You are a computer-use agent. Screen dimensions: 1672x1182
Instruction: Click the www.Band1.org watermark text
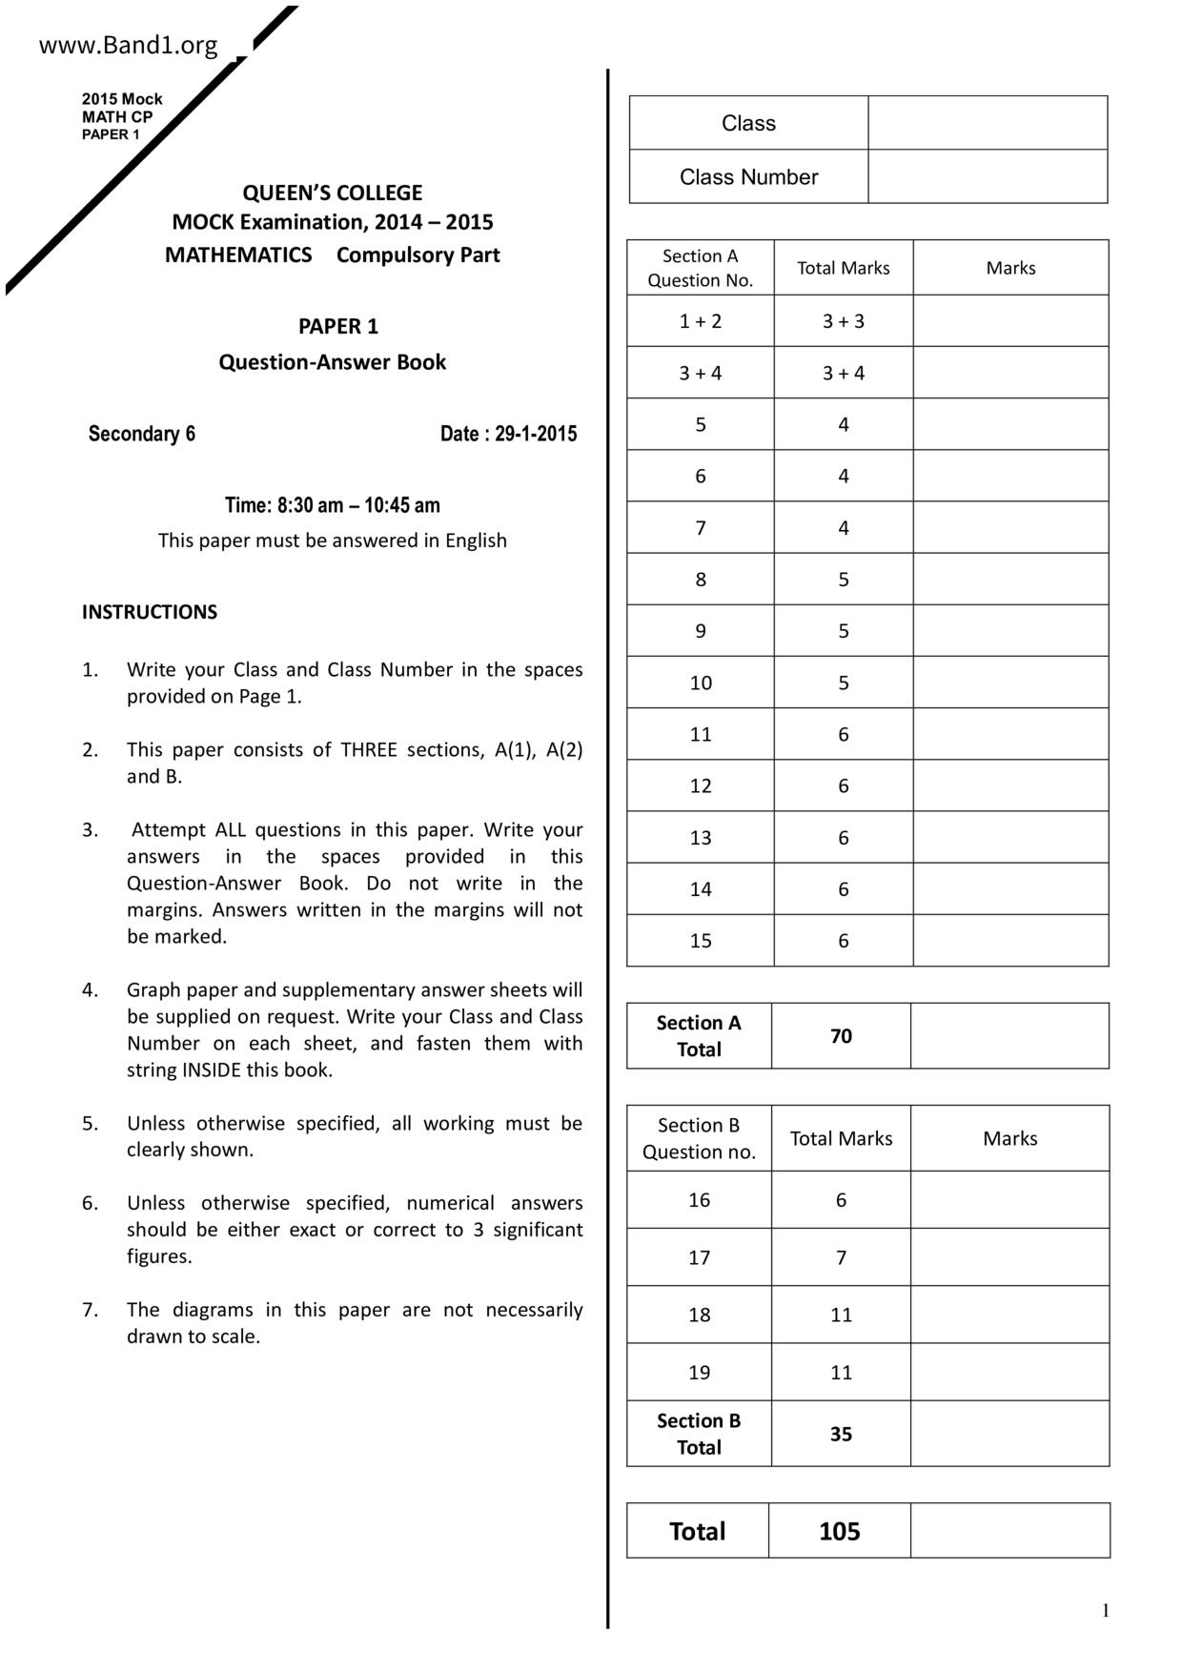point(128,45)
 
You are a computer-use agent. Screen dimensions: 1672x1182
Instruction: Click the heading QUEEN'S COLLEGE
point(332,193)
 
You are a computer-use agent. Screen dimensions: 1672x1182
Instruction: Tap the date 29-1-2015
point(536,434)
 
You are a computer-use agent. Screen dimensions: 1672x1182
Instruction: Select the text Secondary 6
point(142,434)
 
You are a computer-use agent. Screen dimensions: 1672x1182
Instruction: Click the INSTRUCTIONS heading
point(150,612)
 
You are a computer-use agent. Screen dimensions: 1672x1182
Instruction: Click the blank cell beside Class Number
point(987,176)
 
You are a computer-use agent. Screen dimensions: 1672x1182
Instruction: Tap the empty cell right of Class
point(987,123)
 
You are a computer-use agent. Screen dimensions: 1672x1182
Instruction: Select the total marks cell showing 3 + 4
point(843,373)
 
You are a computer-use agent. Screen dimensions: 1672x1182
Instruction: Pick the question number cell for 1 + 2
point(700,321)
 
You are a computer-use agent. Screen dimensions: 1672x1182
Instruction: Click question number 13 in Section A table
point(700,838)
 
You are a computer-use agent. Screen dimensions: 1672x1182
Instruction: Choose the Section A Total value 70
point(841,1036)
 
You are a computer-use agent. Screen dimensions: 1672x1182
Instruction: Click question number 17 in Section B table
point(699,1257)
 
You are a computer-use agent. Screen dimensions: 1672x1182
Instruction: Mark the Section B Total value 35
point(841,1434)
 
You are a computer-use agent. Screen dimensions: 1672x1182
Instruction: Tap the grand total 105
point(839,1531)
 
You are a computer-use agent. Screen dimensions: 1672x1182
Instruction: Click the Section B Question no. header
point(699,1138)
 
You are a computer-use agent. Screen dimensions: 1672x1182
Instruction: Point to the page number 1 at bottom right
point(1106,1611)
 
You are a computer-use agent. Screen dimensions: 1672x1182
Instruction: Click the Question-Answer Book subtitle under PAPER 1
point(332,362)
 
